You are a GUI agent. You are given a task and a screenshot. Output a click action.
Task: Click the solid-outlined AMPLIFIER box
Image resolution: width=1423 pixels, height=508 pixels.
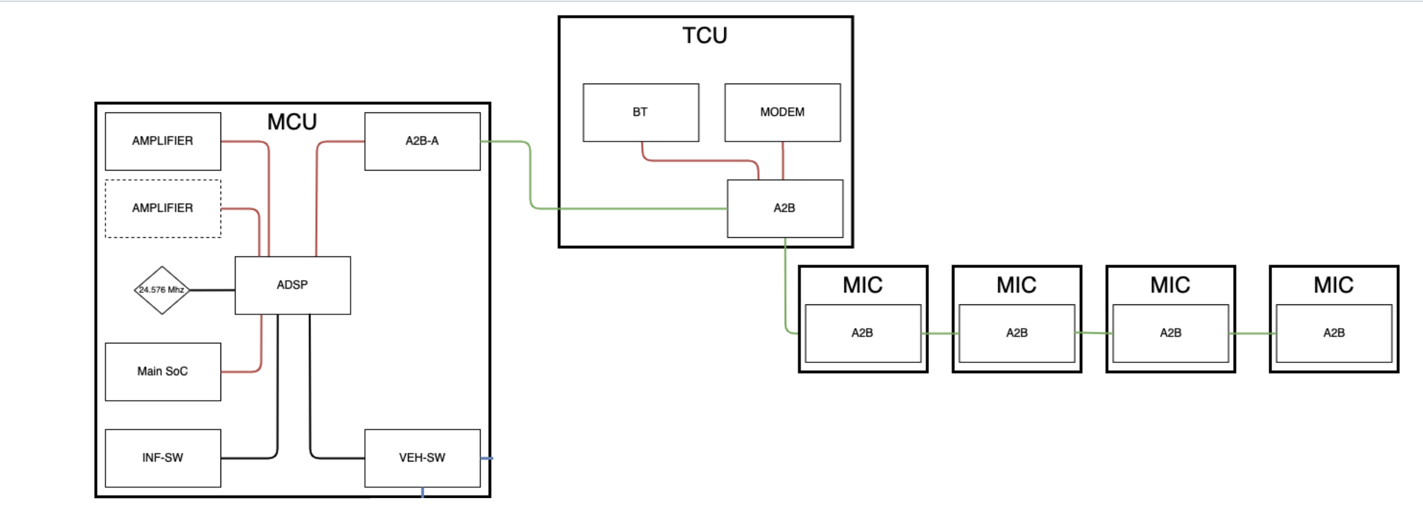162,141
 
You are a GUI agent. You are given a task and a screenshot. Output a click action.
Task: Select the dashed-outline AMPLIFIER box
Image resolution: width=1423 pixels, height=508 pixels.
162,208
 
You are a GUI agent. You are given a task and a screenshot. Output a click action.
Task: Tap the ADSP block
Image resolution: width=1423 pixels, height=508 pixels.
292,285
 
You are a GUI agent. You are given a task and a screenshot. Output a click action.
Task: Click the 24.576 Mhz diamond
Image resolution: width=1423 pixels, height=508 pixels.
162,290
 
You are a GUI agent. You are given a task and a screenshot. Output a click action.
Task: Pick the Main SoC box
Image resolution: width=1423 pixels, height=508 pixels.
162,372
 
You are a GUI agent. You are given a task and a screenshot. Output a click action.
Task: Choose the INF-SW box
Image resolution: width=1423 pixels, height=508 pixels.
162,458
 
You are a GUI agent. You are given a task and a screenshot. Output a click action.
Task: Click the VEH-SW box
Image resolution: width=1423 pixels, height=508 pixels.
422,458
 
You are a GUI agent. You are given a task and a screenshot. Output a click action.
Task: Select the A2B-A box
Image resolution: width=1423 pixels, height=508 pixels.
422,141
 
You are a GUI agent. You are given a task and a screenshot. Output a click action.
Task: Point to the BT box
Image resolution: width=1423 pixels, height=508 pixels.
640,113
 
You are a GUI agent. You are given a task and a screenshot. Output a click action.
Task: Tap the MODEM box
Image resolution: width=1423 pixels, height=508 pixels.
782,113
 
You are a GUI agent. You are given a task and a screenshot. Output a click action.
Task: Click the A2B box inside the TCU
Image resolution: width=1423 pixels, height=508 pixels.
785,208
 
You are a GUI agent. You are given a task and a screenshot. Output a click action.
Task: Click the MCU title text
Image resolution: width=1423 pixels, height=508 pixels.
292,122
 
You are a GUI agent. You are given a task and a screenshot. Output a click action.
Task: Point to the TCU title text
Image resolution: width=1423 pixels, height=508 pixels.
705,36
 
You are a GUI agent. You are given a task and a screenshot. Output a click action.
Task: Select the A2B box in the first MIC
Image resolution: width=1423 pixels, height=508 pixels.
862,333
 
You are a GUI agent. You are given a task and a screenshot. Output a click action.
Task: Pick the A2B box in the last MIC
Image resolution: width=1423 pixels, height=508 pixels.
1334,333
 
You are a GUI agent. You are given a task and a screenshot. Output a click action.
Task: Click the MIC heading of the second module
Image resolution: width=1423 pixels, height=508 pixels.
1016,285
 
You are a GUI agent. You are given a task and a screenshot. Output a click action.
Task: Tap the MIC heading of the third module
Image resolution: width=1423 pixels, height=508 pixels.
1170,285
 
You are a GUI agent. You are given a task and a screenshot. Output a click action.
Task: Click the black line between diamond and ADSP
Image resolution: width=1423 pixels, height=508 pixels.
212,290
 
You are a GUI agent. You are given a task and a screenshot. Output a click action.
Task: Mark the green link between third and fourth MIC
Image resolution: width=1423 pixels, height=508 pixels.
1252,333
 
